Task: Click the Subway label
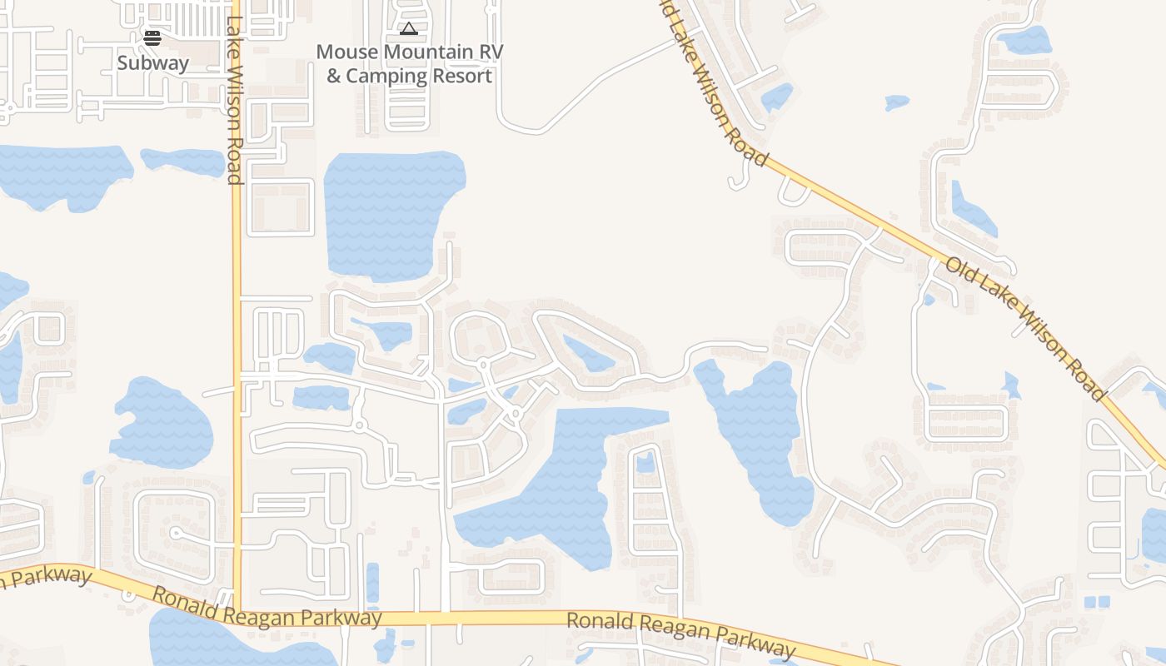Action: click(152, 63)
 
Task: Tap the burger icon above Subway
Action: click(152, 37)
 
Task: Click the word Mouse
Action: click(342, 52)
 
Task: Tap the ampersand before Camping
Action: click(333, 77)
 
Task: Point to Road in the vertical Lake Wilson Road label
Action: click(234, 158)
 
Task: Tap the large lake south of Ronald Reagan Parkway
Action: click(217, 641)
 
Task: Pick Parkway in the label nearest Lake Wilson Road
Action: click(345, 616)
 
